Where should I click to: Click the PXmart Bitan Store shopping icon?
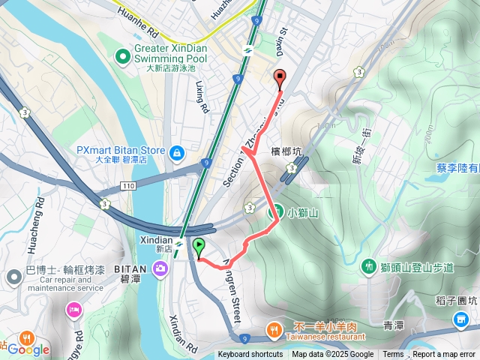tap(176, 154)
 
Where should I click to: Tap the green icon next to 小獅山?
tap(277, 212)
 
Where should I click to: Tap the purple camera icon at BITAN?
tap(161, 268)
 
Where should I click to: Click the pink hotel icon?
tap(74, 309)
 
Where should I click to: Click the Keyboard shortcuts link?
tap(250, 355)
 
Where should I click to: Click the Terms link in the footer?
tap(393, 355)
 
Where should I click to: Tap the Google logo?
tap(28, 349)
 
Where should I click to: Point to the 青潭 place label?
tap(394, 325)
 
